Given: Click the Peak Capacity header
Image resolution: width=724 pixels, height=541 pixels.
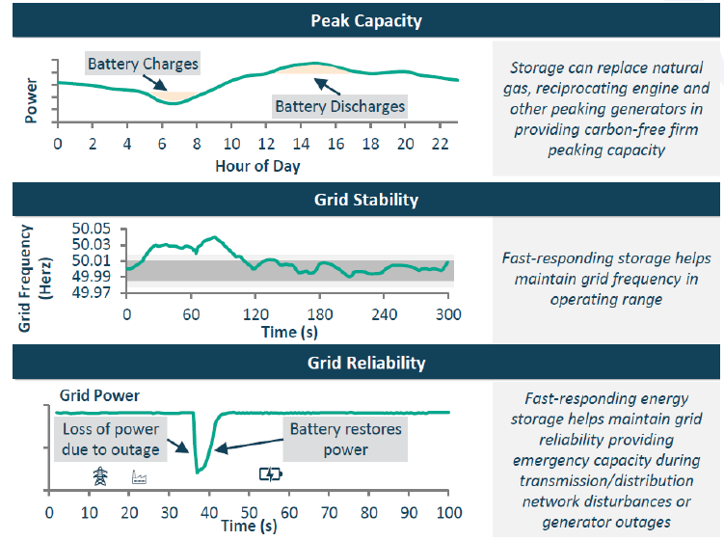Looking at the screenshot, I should pyautogui.click(x=365, y=19).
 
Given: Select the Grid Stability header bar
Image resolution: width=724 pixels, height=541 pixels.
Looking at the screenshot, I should pyautogui.click(x=365, y=200).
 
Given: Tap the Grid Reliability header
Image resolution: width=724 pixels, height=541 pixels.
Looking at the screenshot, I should pyautogui.click(x=365, y=363).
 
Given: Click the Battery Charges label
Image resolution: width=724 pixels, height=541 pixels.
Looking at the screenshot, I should pyautogui.click(x=143, y=65).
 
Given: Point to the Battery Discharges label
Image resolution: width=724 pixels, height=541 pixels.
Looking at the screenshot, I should pyautogui.click(x=339, y=105).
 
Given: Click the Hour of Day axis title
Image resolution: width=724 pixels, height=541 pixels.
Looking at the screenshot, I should pyautogui.click(x=257, y=165).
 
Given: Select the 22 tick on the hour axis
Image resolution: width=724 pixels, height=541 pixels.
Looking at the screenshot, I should pyautogui.click(x=441, y=144).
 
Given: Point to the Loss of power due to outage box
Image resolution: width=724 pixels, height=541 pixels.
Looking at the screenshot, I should pyautogui.click(x=111, y=439).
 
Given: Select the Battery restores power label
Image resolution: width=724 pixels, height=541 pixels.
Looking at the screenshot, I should pyautogui.click(x=344, y=439).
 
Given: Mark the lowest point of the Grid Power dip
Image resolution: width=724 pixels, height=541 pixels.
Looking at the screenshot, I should pyautogui.click(x=199, y=471).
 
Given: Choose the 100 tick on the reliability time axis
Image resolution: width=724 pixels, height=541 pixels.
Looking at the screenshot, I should pyautogui.click(x=447, y=510).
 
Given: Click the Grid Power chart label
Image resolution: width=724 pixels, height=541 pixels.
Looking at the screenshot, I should pyautogui.click(x=99, y=395).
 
